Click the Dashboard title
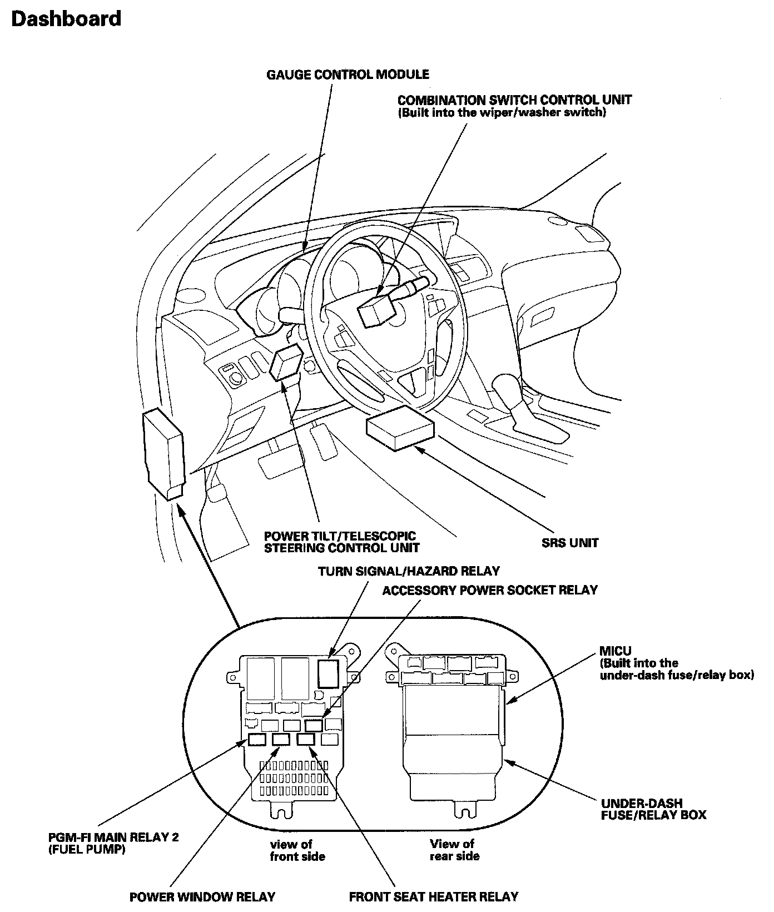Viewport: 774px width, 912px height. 66,19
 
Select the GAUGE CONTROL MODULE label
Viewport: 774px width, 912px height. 348,75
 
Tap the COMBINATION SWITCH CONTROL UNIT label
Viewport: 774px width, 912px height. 514,100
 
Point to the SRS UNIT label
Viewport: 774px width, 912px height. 570,543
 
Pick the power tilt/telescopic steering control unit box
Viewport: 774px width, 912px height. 286,363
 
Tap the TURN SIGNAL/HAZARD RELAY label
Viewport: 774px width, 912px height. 409,571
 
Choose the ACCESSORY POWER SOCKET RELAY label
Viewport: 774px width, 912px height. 489,590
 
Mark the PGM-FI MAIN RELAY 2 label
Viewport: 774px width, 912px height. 112,837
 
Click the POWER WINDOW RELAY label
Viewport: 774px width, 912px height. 202,897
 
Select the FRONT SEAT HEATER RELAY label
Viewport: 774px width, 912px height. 433,897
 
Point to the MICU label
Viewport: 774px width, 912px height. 616,651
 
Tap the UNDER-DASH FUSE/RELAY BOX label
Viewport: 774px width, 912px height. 653,809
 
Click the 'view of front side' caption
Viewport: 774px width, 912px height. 297,850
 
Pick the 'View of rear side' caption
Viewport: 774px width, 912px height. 454,850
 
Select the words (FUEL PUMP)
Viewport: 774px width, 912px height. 86,850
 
